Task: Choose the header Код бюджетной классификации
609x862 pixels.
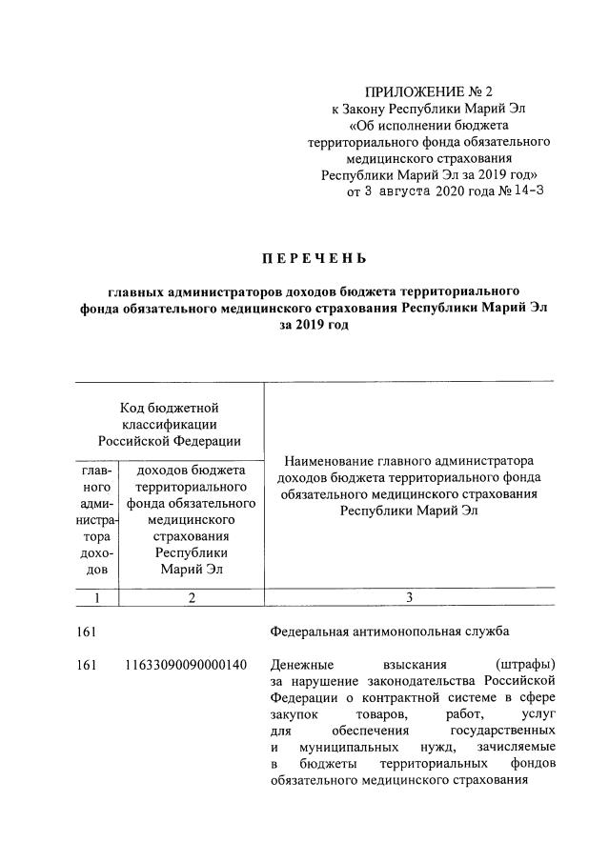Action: coord(170,421)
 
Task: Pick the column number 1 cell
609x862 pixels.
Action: coord(95,598)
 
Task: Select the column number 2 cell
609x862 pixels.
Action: coord(191,598)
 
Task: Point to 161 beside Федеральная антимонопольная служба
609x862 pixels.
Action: coord(88,631)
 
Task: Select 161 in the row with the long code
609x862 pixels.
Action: coord(88,664)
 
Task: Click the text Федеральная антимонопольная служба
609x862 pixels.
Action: coord(390,631)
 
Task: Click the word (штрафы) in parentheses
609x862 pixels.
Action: coord(527,664)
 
